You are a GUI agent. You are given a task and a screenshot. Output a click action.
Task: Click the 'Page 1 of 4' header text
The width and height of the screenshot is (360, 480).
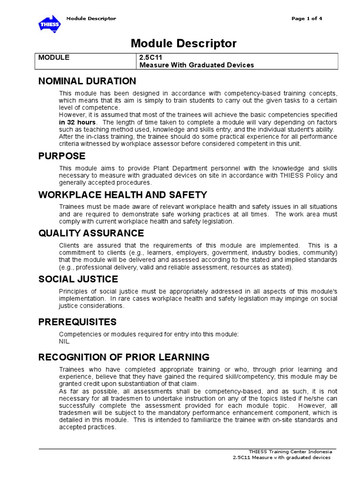(307, 19)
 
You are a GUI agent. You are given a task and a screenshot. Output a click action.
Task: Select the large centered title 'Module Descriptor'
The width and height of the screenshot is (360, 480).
(184, 44)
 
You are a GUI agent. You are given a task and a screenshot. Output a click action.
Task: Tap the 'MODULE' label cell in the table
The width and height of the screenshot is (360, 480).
(54, 57)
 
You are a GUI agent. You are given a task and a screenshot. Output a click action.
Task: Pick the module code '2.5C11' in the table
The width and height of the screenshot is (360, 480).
(150, 57)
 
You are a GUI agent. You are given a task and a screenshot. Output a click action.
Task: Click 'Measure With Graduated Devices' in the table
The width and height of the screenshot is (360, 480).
(196, 65)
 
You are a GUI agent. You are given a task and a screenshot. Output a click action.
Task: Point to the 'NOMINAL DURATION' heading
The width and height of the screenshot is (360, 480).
(87, 81)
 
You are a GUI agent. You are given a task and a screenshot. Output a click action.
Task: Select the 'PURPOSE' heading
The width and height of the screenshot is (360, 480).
(61, 156)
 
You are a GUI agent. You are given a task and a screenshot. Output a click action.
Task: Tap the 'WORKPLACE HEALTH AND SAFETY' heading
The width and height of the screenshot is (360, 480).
(122, 195)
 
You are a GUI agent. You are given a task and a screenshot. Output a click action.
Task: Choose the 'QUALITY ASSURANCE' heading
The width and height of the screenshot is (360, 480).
(91, 233)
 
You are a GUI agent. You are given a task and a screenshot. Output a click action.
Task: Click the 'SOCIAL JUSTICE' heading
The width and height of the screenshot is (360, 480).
(78, 279)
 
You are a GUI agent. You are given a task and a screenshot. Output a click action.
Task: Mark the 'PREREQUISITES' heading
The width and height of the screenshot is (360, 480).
(77, 322)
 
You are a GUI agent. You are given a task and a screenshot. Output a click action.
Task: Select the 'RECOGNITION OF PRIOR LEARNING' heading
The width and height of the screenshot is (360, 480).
(124, 357)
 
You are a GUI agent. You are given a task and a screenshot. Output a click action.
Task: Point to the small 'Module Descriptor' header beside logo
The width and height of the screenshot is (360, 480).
(91, 19)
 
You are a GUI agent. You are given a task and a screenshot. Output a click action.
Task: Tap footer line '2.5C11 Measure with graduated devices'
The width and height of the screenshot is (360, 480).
(281, 457)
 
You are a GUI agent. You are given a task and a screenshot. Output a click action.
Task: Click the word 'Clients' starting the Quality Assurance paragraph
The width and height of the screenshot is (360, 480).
(69, 246)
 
